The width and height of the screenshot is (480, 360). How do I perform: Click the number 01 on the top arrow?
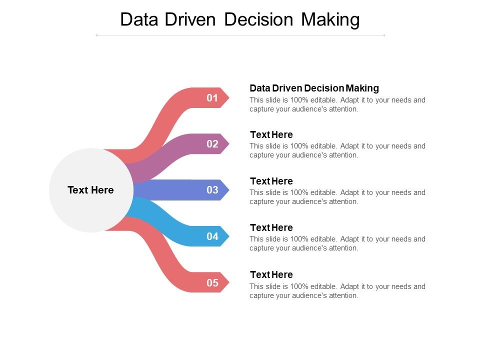(x=212, y=98)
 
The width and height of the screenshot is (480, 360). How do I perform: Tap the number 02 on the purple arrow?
(x=212, y=144)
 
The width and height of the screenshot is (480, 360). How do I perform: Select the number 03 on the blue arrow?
(x=212, y=190)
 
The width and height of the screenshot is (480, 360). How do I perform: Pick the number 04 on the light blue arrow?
(x=212, y=236)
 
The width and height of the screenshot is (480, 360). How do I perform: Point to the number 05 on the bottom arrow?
(x=212, y=282)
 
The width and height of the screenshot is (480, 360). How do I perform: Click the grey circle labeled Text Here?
(x=91, y=190)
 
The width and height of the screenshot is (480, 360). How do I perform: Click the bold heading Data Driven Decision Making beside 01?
(x=314, y=88)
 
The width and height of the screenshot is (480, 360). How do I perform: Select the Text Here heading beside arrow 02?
(x=271, y=134)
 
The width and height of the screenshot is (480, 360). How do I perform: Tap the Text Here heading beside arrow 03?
(x=271, y=181)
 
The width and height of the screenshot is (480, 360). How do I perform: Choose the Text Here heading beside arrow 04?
(x=271, y=228)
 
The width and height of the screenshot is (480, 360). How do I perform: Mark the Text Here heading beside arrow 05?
(x=271, y=274)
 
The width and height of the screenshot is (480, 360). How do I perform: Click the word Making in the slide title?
(x=330, y=20)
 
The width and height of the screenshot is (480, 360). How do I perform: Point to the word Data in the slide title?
(x=139, y=19)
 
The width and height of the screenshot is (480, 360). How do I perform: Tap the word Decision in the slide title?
(x=258, y=19)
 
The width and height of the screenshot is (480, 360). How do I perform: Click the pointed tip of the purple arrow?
(x=229, y=144)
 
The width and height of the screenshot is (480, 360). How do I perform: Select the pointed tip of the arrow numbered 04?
(x=229, y=236)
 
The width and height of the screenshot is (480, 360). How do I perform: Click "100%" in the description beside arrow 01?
(x=299, y=100)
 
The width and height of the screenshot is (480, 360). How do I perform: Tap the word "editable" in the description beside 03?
(x=323, y=192)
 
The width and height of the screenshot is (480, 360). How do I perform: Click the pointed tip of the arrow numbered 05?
(x=229, y=282)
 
